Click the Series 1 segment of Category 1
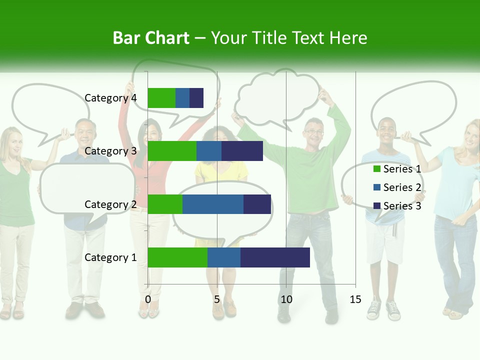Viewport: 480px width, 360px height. (x=177, y=257)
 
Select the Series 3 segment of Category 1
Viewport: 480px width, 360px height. (x=275, y=257)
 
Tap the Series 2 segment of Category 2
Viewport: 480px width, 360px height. (x=213, y=204)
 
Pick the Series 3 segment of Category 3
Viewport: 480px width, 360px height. (x=242, y=151)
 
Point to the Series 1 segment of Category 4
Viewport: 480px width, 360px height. (x=161, y=98)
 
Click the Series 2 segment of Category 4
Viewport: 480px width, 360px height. (x=182, y=98)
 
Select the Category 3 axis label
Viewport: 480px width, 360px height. (x=110, y=151)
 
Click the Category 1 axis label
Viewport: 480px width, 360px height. (x=110, y=257)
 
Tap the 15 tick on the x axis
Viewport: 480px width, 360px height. (x=355, y=299)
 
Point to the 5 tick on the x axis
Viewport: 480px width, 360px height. (x=217, y=299)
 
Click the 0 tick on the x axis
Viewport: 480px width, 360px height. (x=148, y=299)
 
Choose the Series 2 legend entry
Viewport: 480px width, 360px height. (x=402, y=187)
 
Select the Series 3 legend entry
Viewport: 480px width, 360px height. (x=402, y=206)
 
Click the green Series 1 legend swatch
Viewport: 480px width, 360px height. (x=377, y=169)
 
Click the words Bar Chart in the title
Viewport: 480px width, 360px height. (x=151, y=38)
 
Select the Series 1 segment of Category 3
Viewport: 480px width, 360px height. (x=172, y=151)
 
